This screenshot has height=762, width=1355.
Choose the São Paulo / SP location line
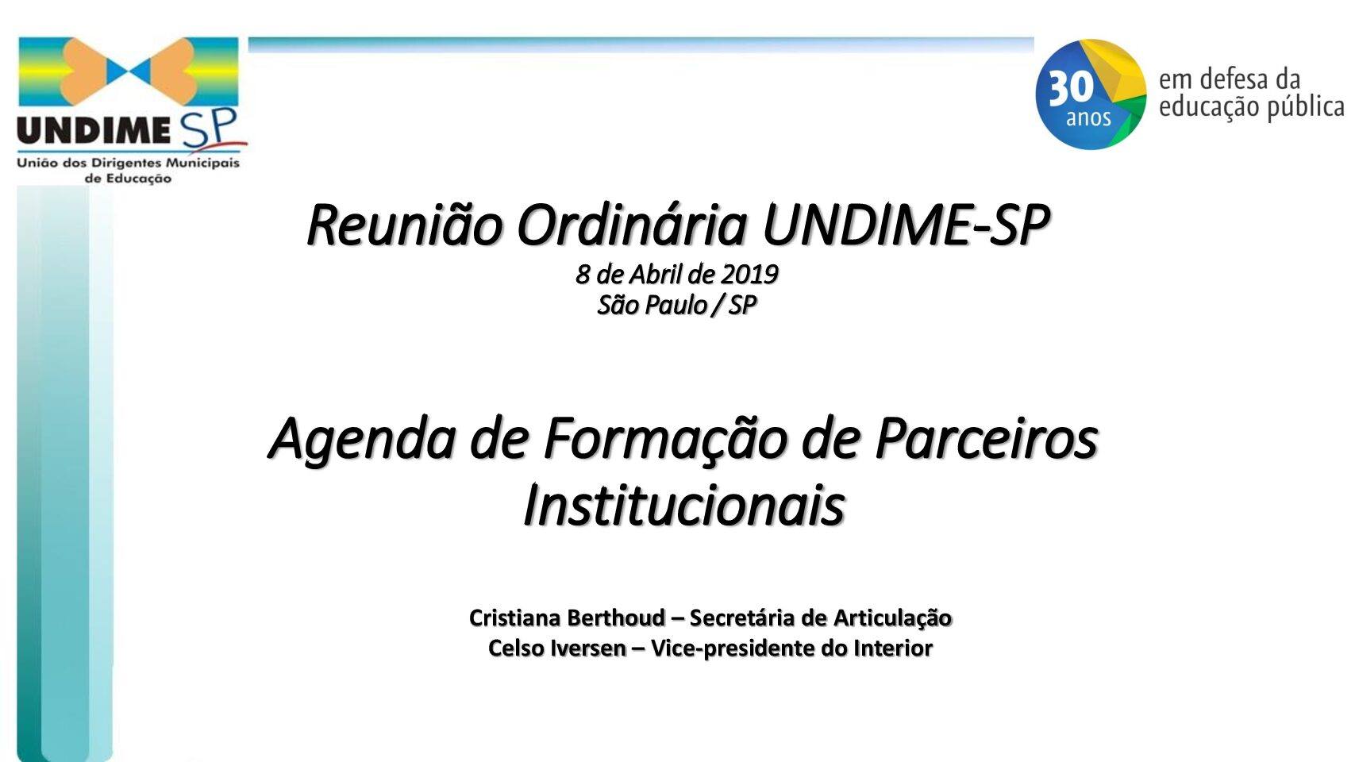pos(676,306)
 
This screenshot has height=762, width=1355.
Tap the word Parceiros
pos(986,439)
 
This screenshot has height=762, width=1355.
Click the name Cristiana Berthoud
pos(567,618)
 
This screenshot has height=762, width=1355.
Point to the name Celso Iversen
pos(556,648)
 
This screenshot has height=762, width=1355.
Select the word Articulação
pos(892,618)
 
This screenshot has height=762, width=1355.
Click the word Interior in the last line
pos(893,648)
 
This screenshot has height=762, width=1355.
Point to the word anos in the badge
pos(1088,118)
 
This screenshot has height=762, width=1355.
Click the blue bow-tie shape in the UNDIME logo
pos(129,71)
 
